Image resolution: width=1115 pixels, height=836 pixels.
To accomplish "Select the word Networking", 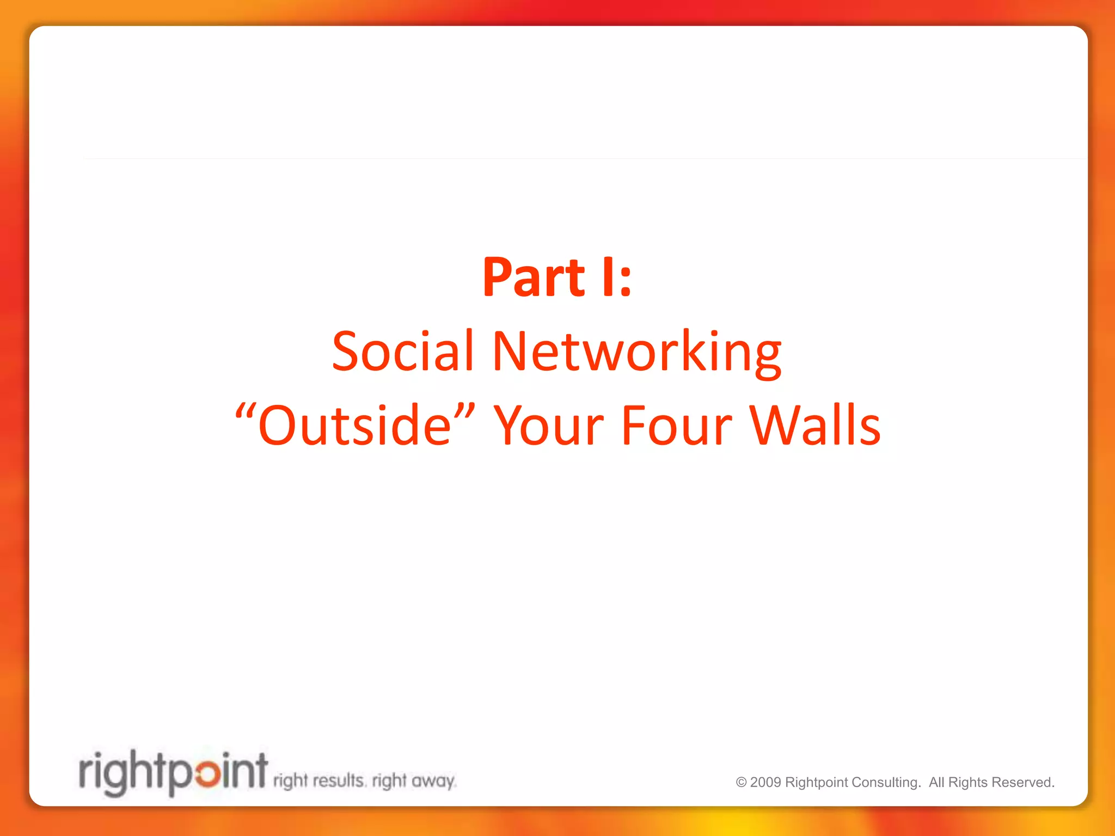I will (637, 352).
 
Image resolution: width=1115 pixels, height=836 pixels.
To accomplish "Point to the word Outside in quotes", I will (354, 425).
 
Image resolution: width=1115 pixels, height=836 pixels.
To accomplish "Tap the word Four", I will (677, 425).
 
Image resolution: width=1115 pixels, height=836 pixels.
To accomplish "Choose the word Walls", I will (815, 425).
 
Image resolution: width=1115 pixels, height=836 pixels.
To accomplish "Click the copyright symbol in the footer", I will (741, 783).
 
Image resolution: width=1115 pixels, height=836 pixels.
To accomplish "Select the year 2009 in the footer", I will (765, 783).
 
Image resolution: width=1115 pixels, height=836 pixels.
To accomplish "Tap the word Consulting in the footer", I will (886, 783).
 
